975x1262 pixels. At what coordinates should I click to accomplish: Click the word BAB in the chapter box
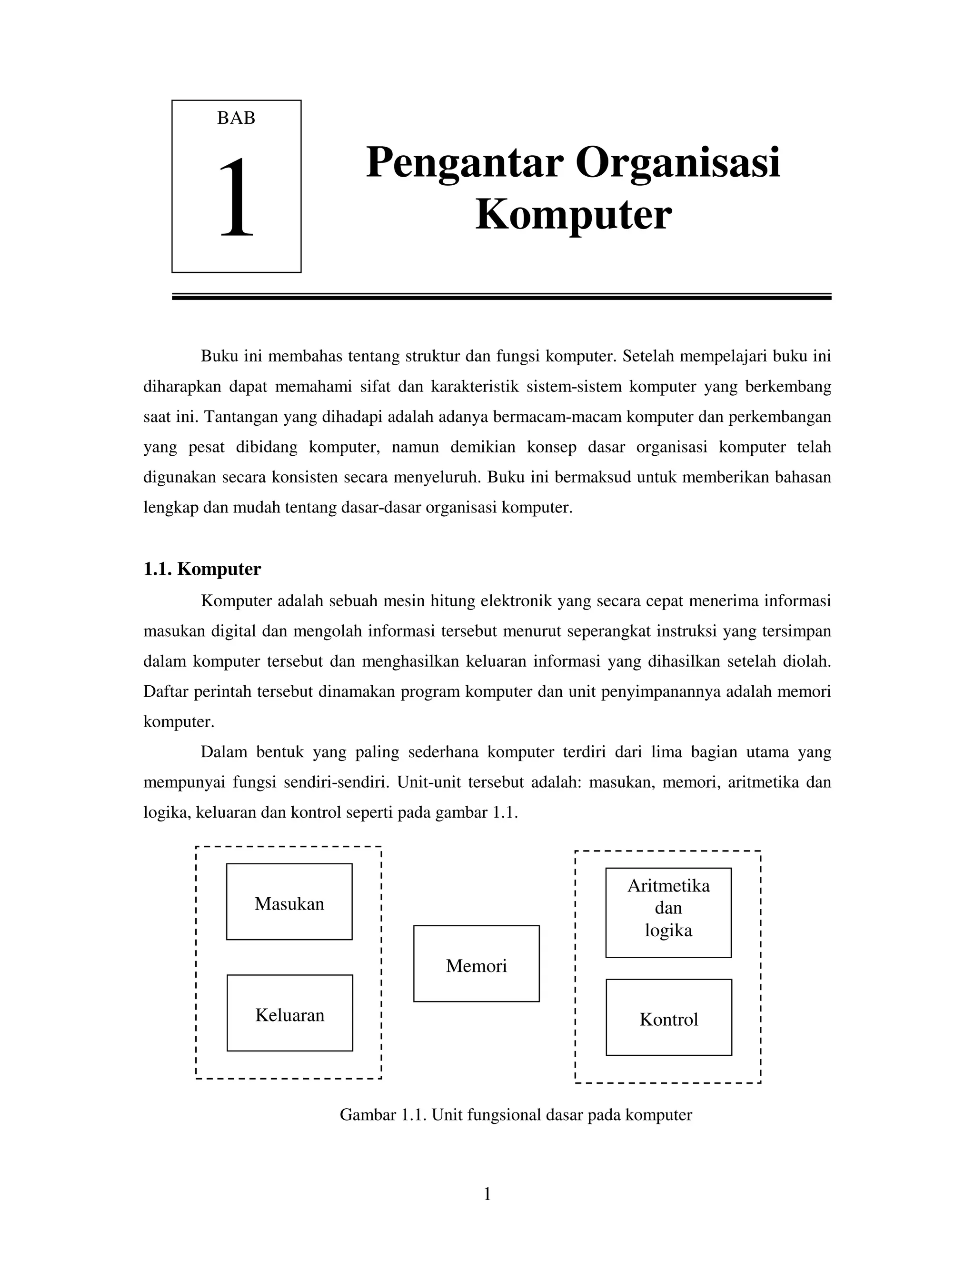pos(236,118)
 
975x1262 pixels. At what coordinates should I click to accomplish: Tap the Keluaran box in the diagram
pos(289,1015)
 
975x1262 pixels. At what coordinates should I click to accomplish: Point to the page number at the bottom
pos(487,1194)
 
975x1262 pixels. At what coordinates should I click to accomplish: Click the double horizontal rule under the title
pos(501,296)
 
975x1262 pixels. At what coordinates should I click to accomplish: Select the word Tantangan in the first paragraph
pos(240,417)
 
